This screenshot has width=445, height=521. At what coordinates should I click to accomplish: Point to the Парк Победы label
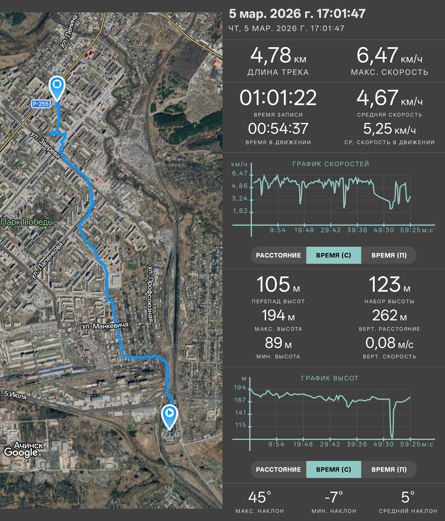point(27,222)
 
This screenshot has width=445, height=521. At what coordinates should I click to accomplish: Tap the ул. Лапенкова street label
point(47,260)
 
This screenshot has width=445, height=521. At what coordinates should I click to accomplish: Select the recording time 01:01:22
point(278,98)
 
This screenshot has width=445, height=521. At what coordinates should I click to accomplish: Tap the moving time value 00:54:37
point(278,129)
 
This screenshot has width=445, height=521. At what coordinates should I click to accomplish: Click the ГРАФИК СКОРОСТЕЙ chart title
point(331,164)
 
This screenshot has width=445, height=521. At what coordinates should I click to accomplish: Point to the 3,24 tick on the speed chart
point(240,198)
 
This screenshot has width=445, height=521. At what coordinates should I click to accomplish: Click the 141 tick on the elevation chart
point(240,413)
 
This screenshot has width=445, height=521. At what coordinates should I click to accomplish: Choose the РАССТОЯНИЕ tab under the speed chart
point(278,255)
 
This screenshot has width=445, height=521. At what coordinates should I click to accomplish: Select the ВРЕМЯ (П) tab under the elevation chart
point(389,469)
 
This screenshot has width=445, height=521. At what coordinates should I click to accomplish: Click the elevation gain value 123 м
point(389,285)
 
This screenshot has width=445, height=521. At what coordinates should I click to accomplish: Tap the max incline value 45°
point(260,498)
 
